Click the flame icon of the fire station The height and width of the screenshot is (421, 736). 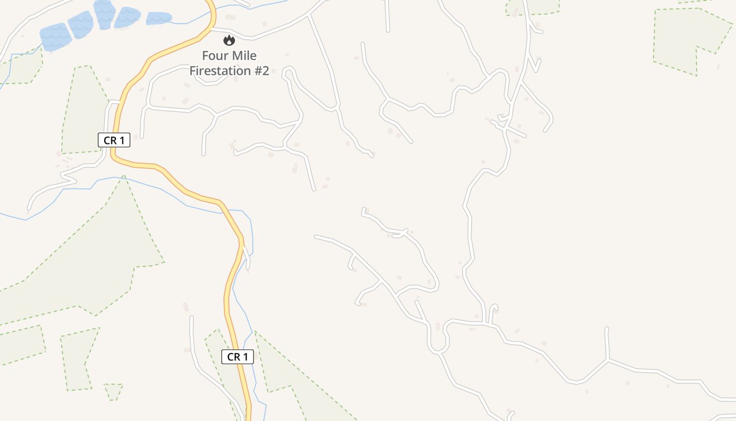pos(229,40)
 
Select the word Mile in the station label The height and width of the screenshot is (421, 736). pos(244,56)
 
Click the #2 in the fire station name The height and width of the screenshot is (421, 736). pos(262,71)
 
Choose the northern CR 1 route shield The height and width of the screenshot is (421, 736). pos(114,140)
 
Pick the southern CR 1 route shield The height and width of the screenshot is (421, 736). pos(238,357)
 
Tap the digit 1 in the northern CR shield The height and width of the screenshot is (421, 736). pos(122,140)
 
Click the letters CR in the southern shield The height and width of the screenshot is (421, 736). pos(232,357)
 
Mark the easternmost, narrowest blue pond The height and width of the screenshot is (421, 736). pos(159,18)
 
